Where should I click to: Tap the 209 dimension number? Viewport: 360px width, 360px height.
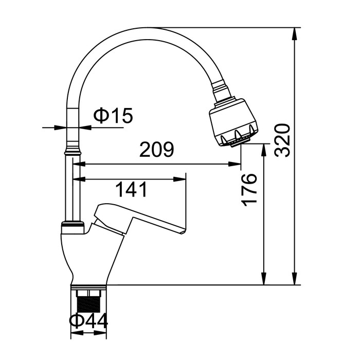[x=157, y=150]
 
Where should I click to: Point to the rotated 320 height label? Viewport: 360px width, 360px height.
[x=282, y=140]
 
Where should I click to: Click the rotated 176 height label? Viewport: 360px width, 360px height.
[x=249, y=190]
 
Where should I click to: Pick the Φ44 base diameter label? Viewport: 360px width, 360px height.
[x=89, y=321]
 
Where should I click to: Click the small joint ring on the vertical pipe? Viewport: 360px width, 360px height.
[x=73, y=152]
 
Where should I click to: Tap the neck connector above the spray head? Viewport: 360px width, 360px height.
[x=221, y=90]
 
